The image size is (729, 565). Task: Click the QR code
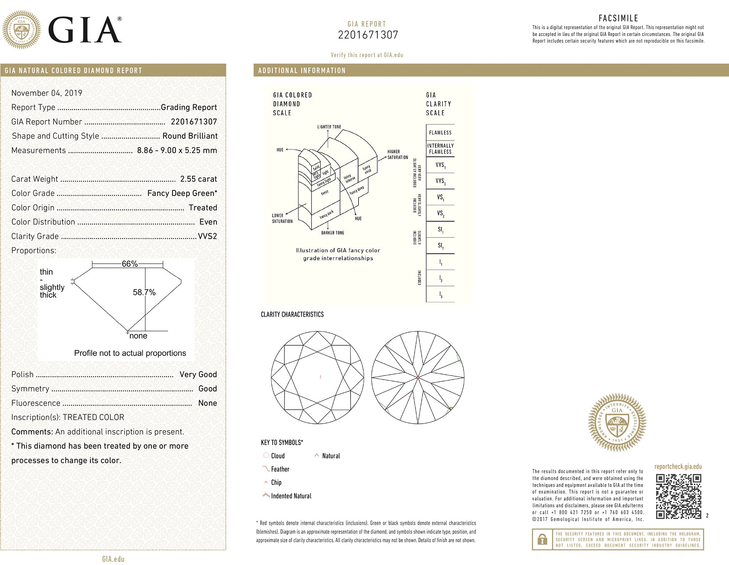pyautogui.click(x=678, y=496)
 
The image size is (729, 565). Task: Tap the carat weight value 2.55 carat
pyautogui.click(x=198, y=179)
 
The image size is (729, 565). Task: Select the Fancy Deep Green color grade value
pyautogui.click(x=182, y=193)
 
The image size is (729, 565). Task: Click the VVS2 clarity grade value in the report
pyautogui.click(x=207, y=236)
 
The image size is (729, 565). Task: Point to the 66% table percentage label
pyautogui.click(x=130, y=264)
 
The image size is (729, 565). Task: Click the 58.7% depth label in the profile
pyautogui.click(x=144, y=292)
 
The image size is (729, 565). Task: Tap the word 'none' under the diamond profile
pyautogui.click(x=138, y=336)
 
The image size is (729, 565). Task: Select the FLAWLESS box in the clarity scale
pyautogui.click(x=440, y=133)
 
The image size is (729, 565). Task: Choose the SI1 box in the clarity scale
pyautogui.click(x=440, y=229)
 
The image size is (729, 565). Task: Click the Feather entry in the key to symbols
pyautogui.click(x=280, y=469)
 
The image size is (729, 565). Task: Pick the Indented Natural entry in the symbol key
pyautogui.click(x=291, y=496)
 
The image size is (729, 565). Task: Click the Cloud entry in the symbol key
pyautogui.click(x=278, y=456)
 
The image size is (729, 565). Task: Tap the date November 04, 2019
pyautogui.click(x=47, y=93)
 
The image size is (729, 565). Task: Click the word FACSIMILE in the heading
pyautogui.click(x=618, y=18)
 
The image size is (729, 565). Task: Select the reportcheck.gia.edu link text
pyautogui.click(x=678, y=467)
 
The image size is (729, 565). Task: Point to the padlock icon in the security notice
pyautogui.click(x=542, y=540)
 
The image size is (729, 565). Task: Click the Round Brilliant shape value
pyautogui.click(x=190, y=136)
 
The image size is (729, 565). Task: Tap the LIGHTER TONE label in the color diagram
pyautogui.click(x=329, y=127)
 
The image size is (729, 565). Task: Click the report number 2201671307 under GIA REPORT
pyautogui.click(x=368, y=35)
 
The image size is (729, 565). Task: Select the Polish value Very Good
pyautogui.click(x=198, y=374)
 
